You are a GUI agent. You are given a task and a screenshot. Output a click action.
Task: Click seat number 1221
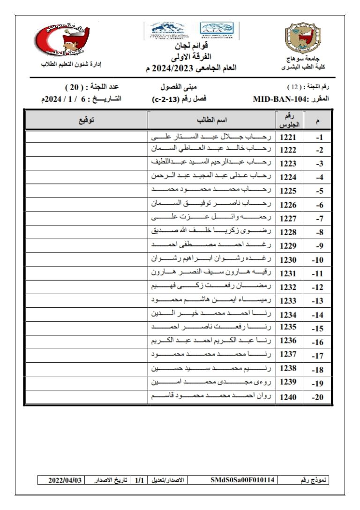288,137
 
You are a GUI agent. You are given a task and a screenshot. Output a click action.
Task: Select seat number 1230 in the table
288,259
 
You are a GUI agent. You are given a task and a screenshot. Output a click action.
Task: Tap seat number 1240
288,397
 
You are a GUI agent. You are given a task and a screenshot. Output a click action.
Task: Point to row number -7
319,219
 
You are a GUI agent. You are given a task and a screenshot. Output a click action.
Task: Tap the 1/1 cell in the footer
139,480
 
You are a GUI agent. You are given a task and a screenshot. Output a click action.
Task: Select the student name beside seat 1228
212,232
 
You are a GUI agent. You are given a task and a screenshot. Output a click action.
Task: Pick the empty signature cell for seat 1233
86,301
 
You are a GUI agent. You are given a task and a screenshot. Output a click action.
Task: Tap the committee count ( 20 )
74,88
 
